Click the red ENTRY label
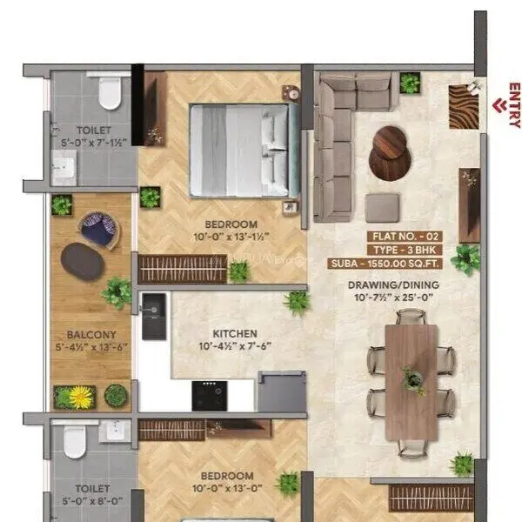514,105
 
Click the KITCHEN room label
235,333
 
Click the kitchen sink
153,307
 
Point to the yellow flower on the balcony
80,398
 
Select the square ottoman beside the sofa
382,207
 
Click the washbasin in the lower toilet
110,432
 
